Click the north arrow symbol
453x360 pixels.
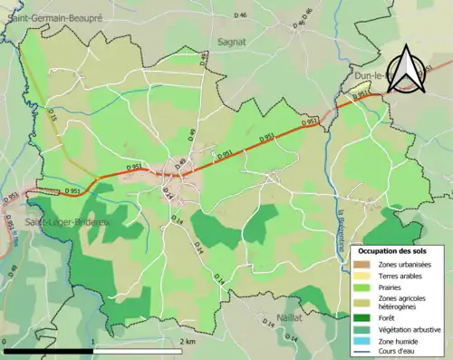pos(403,67)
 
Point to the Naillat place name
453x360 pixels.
pos(287,318)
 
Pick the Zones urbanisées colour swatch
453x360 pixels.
pos(361,263)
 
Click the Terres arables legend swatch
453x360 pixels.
pos(361,275)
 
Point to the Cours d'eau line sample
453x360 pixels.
pos(361,352)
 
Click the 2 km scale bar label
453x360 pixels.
pos(188,342)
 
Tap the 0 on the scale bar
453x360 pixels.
pos(6,342)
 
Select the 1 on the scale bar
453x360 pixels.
pos(93,342)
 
